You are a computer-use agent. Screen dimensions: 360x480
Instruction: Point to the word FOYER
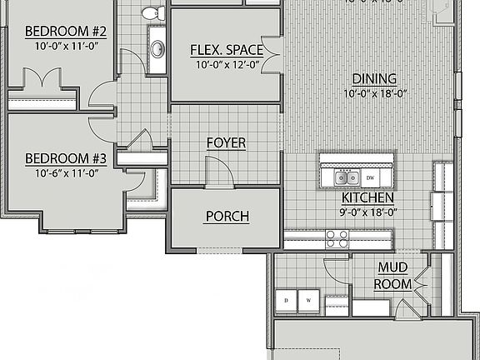(x=226, y=143)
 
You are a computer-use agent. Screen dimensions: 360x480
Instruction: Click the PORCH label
(x=227, y=217)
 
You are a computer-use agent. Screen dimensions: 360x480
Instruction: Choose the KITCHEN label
(x=367, y=198)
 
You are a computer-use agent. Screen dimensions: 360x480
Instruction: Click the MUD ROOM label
(x=394, y=276)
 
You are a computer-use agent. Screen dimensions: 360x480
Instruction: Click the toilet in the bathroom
(x=152, y=12)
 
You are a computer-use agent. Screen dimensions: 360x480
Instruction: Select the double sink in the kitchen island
(x=346, y=177)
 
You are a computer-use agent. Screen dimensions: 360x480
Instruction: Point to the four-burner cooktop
(x=337, y=239)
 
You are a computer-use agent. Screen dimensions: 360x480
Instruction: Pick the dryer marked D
(x=287, y=300)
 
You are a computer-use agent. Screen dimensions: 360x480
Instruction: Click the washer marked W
(x=307, y=300)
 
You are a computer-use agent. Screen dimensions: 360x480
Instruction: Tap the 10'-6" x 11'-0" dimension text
(x=67, y=173)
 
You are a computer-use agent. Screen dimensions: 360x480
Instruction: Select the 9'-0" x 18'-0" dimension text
(x=367, y=212)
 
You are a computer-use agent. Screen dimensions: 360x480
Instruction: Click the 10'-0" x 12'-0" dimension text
(x=227, y=64)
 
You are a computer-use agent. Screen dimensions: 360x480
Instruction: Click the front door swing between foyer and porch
(x=218, y=172)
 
